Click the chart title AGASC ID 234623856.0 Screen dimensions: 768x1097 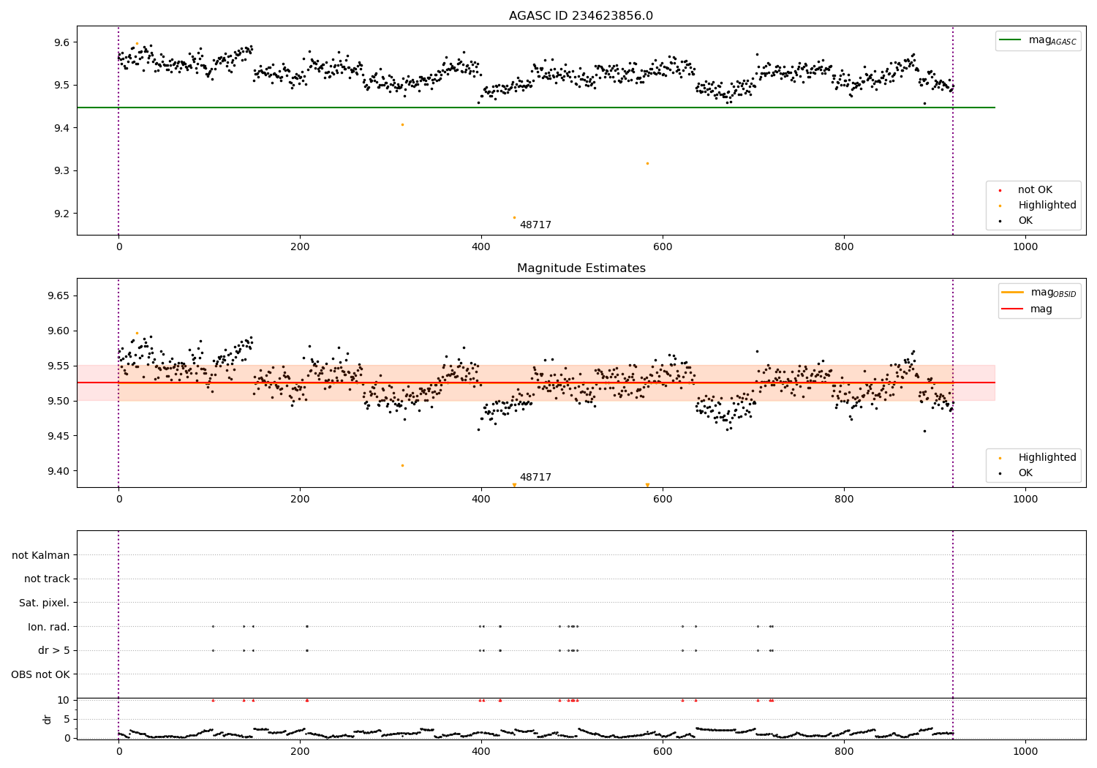coord(581,16)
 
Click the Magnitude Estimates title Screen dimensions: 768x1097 coord(581,268)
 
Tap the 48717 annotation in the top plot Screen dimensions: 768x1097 coord(535,225)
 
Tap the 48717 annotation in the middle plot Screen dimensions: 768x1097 coord(535,478)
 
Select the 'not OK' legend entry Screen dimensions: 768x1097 coord(1034,190)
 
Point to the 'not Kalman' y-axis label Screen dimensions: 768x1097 coord(41,555)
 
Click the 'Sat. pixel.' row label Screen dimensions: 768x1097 coord(44,603)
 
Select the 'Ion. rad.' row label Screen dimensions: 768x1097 coord(48,627)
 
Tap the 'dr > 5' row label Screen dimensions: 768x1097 coord(53,650)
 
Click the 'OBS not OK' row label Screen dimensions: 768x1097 coord(40,674)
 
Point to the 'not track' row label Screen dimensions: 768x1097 coord(47,579)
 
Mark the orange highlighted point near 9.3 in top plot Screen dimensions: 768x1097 coord(647,163)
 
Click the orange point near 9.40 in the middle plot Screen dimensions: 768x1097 coord(402,465)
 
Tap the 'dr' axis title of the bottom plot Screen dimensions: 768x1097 coord(48,719)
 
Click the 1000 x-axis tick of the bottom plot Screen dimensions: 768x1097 coord(1025,751)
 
